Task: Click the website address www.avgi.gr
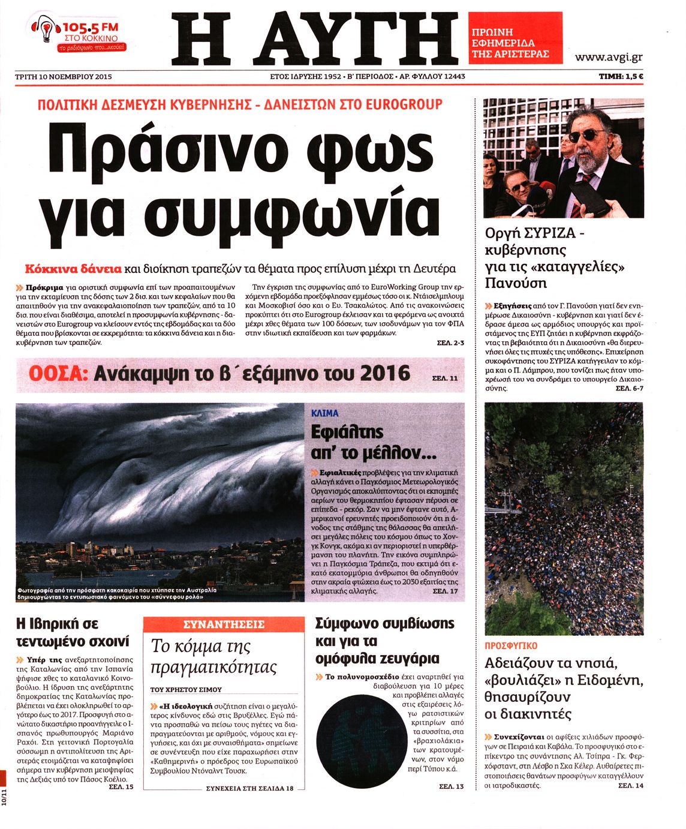608,58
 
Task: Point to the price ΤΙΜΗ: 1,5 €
621,77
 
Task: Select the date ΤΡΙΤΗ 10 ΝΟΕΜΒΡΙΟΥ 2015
64,77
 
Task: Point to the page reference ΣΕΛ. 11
444,379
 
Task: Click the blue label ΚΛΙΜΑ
325,413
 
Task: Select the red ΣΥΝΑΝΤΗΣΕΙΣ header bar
224,624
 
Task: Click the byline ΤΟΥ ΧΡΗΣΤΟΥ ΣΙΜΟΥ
186,689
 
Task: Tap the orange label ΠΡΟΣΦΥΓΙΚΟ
511,646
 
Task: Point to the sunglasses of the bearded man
586,136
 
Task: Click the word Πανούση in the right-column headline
516,283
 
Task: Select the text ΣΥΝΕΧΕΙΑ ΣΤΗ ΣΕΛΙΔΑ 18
249,788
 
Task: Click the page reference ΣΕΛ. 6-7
629,389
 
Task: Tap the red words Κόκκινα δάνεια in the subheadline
73,268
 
